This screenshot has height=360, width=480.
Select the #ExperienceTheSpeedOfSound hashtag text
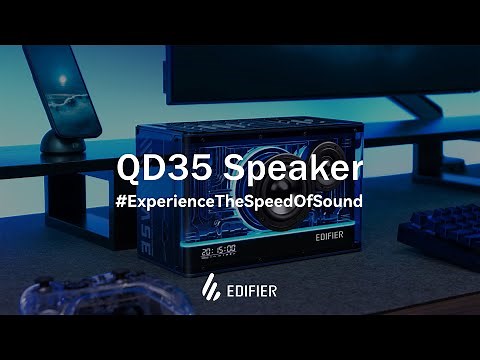[x=240, y=200]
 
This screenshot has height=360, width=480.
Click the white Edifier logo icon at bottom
[x=212, y=290]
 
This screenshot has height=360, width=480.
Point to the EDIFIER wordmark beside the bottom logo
[x=253, y=291]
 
